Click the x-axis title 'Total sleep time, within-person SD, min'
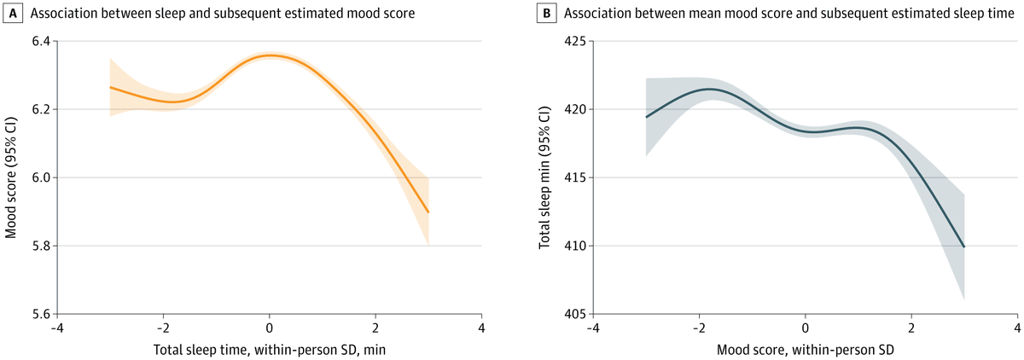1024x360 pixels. click(x=269, y=350)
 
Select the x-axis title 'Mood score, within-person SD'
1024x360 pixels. click(x=805, y=350)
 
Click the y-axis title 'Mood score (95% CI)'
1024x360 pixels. click(x=12, y=177)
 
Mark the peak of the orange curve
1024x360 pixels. click(x=270, y=55)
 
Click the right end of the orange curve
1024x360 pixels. click(x=428, y=212)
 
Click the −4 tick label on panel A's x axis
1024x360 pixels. click(x=57, y=328)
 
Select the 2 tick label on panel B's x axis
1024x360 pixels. click(x=911, y=328)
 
